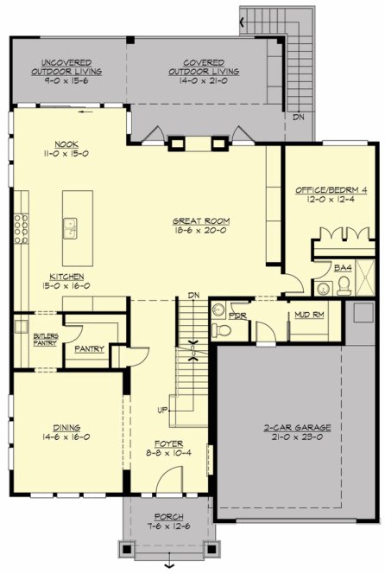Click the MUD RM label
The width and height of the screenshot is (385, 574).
point(309,316)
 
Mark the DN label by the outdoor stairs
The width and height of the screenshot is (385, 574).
point(298,116)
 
